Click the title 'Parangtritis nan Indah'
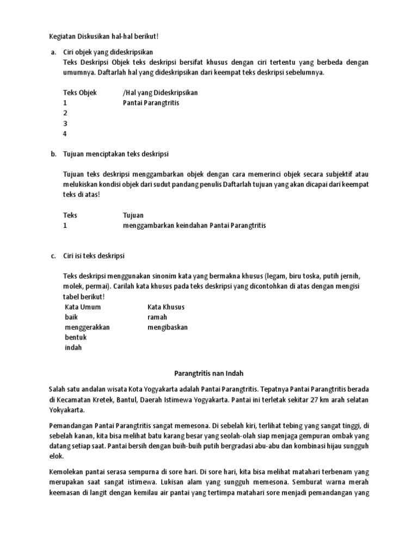coord(209,374)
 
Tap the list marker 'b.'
coord(53,154)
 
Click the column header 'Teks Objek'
coord(79,92)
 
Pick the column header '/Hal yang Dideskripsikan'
coord(160,92)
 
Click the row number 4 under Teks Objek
coord(65,133)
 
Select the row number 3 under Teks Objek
coord(65,123)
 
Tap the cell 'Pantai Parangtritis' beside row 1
coord(151,102)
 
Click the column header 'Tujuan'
coord(133,215)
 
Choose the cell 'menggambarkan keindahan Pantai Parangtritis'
coord(194,225)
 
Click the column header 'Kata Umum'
coord(83,307)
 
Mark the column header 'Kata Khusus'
coord(165,307)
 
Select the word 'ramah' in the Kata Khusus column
coord(157,317)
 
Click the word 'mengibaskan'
coord(167,327)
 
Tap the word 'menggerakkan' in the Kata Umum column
coord(87,327)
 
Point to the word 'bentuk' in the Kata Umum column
coord(76,338)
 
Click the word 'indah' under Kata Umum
coord(73,348)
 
